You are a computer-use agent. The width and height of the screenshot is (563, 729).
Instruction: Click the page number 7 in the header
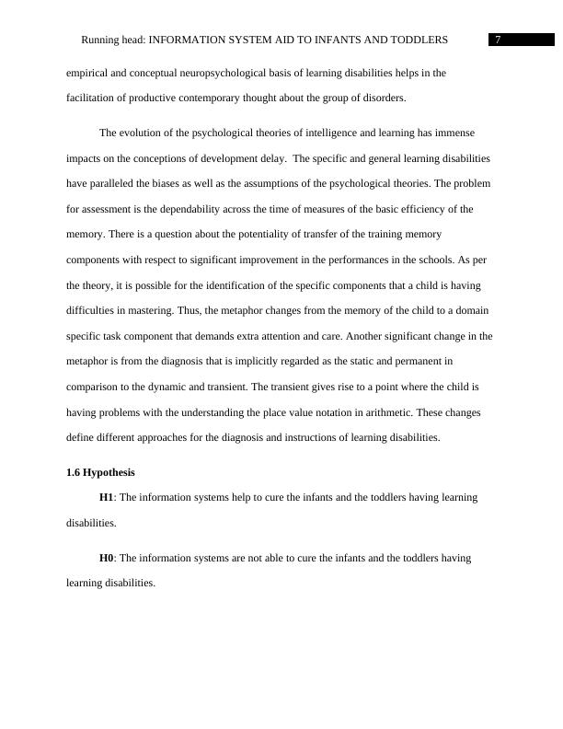[x=498, y=40]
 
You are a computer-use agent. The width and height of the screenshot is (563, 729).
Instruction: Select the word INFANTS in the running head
[x=336, y=40]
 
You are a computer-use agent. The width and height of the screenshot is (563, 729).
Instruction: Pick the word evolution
[x=141, y=133]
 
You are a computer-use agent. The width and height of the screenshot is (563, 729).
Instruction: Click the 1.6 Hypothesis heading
[x=100, y=472]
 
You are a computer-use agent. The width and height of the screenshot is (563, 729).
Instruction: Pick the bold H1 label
[x=106, y=497]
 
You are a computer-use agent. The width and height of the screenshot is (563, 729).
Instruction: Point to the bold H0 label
[x=106, y=558]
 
